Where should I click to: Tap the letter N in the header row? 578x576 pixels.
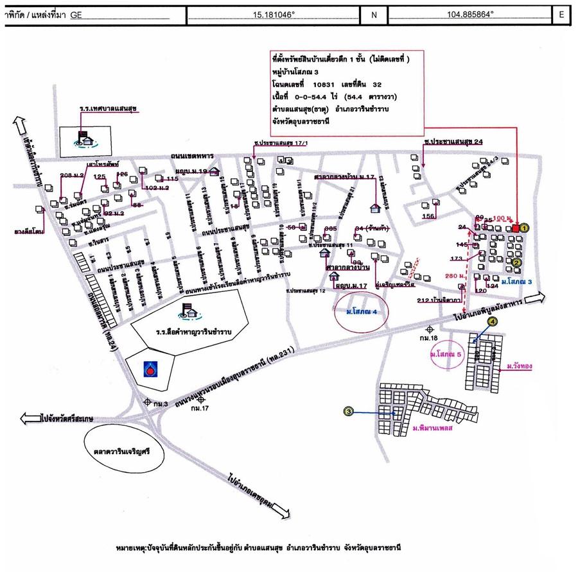[374, 13]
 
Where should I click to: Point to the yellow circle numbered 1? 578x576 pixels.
[524, 228]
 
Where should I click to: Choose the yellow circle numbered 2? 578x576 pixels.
[516, 262]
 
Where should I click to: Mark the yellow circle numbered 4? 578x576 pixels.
[493, 321]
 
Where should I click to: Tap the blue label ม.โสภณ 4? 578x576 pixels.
[361, 312]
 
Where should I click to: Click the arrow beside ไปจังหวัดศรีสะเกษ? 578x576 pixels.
[30, 418]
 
